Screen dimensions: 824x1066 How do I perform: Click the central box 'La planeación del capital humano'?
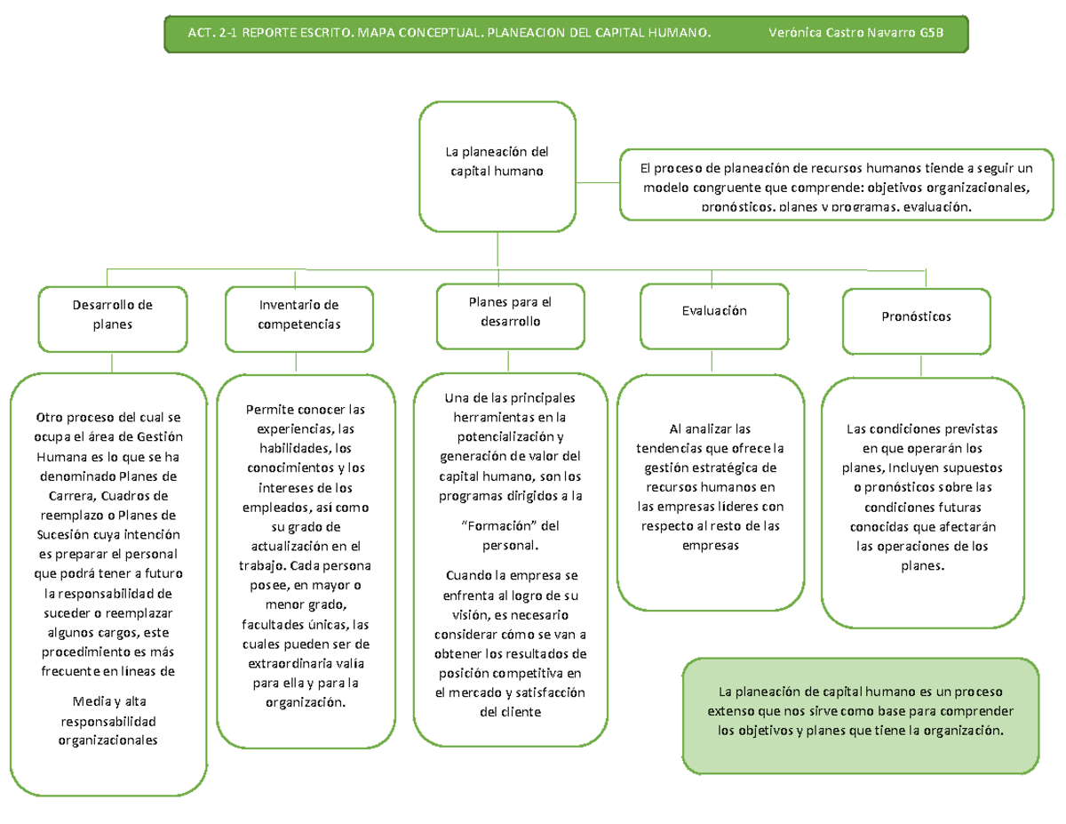click(497, 166)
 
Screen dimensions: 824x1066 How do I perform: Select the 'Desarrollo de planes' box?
click(112, 315)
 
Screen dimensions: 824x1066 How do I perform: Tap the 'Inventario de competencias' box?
click(298, 315)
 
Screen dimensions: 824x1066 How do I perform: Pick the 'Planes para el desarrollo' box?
click(510, 311)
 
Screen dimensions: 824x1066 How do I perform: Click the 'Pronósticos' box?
click(916, 316)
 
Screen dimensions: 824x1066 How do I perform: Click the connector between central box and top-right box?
click(598, 182)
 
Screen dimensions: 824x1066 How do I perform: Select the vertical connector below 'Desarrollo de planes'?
click(112, 363)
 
